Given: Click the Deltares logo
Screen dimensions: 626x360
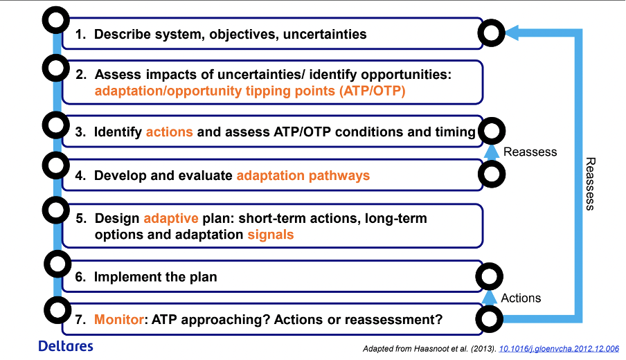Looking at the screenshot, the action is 66,346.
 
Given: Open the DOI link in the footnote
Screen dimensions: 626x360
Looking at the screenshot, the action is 559,349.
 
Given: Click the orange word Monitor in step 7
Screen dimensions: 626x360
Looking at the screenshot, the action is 119,319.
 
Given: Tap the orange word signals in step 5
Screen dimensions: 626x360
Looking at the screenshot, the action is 271,234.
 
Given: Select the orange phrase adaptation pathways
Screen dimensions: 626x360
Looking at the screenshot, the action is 303,176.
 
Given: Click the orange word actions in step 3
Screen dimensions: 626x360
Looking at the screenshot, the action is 169,132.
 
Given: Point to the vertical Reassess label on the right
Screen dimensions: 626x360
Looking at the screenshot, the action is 590,183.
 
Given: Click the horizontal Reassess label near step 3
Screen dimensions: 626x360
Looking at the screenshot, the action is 530,152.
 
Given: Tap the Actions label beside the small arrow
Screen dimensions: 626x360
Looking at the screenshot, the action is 521,298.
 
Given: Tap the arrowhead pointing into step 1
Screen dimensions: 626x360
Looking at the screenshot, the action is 512,33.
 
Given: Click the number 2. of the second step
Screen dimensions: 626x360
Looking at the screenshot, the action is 81,75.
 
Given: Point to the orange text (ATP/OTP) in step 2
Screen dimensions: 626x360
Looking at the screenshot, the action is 372,91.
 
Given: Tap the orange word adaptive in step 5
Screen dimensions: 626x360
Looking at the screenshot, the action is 171,219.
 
